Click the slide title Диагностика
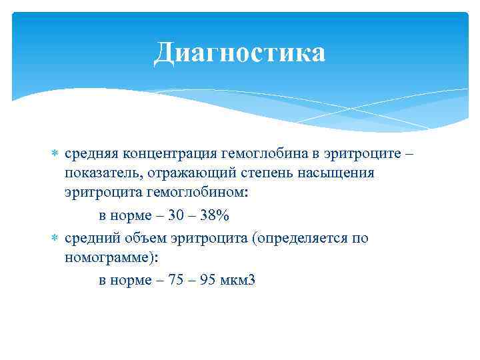239,53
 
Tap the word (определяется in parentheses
297,237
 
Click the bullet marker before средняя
55,153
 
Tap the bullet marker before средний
55,238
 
